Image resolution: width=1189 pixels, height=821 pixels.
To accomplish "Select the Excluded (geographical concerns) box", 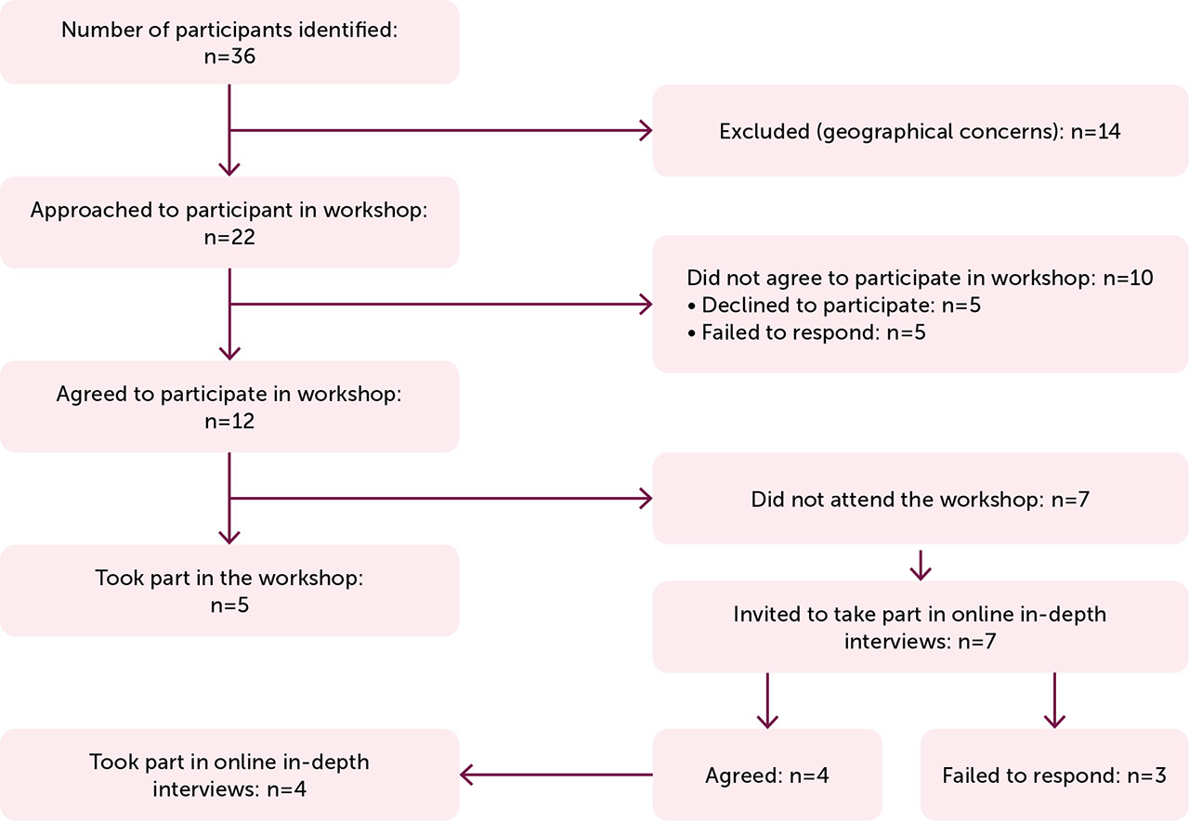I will [920, 131].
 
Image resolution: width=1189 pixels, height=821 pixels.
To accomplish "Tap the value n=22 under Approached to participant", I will [229, 237].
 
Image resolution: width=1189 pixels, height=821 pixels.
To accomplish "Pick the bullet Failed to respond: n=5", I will [806, 332].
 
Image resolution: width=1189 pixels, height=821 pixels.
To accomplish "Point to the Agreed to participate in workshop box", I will [229, 406].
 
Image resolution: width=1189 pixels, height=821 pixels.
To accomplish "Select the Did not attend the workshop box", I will [920, 500].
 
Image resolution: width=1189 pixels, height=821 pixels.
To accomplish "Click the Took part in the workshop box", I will [229, 590].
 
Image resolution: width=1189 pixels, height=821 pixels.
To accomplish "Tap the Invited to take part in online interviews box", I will [920, 626].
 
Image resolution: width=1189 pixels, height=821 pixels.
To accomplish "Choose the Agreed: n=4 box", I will [767, 775].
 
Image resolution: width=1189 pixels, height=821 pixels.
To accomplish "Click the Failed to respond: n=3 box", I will [1053, 775].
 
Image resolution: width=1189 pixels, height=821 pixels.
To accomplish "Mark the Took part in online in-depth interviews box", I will [229, 775].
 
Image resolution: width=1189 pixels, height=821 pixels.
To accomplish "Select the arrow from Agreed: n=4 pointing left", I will [557, 775].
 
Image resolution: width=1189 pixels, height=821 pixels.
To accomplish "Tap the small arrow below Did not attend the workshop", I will [920, 564].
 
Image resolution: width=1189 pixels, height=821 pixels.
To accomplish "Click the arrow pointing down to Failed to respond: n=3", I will [1053, 701].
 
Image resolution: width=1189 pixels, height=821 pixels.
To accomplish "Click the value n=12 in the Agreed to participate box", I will [229, 421].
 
